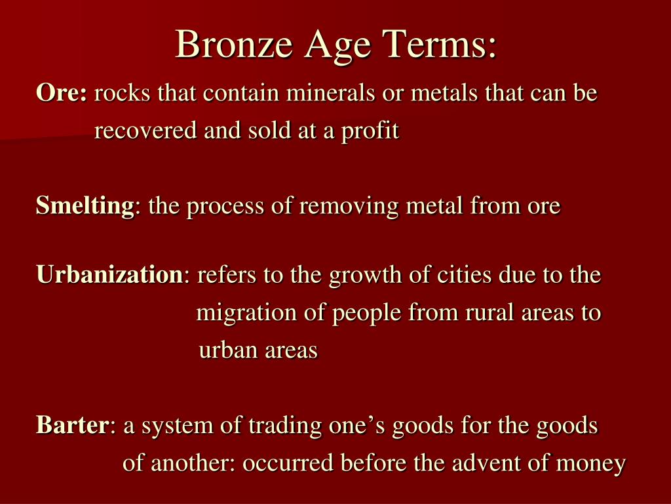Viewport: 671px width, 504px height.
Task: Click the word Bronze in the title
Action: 234,45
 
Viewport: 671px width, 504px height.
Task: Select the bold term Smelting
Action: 85,206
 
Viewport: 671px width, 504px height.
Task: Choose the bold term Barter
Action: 73,425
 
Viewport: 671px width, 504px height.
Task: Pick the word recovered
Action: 145,131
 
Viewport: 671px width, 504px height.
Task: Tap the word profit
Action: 370,131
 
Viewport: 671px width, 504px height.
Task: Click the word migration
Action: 246,313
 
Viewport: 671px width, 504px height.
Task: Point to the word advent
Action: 482,463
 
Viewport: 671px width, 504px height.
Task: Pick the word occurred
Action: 288,463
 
